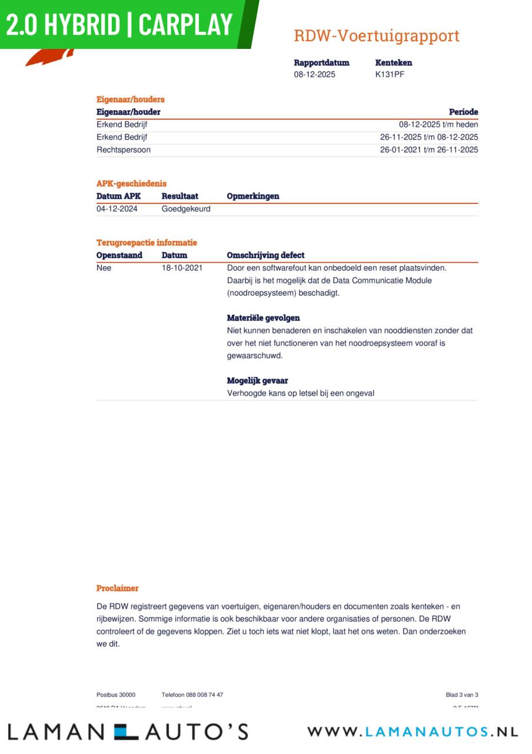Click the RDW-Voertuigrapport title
[377, 36]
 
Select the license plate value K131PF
[390, 74]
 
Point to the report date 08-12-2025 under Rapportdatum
[315, 74]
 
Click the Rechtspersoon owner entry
[124, 150]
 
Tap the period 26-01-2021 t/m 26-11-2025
[429, 150]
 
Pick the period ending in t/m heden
[438, 124]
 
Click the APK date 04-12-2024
[117, 209]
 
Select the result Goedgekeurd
[186, 209]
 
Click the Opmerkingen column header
[253, 196]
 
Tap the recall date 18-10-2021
[182, 267]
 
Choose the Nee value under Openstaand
[104, 267]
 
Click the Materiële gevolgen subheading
[263, 318]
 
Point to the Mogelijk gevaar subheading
[257, 381]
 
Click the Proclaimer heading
[118, 588]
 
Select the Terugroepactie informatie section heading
[147, 243]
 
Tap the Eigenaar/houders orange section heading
[131, 100]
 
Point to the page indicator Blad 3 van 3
[462, 695]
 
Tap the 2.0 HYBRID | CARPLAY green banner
[121, 25]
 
